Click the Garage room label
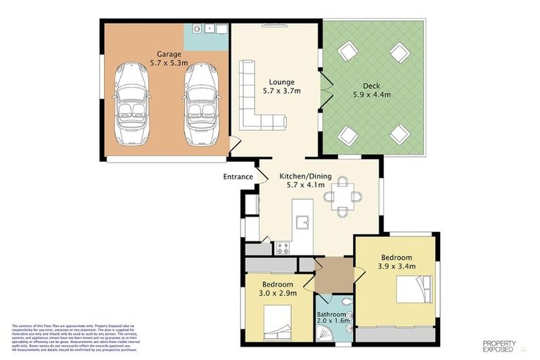click(169, 53)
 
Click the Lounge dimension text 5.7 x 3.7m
click(281, 91)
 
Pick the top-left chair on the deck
click(347, 53)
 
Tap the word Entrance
click(238, 176)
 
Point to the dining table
click(343, 196)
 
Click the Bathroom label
click(331, 314)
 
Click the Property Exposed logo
click(500, 345)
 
